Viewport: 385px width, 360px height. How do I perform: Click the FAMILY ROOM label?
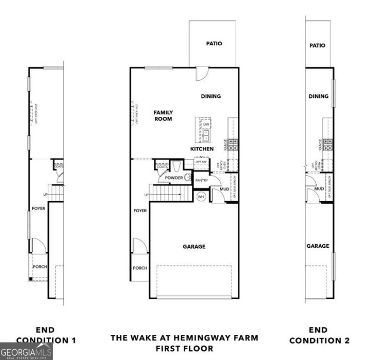click(163, 115)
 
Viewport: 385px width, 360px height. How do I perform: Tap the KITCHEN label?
click(202, 149)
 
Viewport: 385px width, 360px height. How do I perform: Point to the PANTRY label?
click(202, 180)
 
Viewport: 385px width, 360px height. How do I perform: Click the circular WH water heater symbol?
click(201, 196)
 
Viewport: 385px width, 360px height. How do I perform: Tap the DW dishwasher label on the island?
click(207, 124)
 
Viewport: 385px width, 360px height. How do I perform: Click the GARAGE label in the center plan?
click(194, 246)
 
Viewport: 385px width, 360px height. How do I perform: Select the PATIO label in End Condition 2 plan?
click(317, 46)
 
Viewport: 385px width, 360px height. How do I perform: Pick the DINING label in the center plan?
click(211, 96)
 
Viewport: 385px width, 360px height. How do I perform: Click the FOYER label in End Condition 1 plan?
click(38, 208)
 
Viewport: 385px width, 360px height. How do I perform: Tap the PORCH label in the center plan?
click(140, 268)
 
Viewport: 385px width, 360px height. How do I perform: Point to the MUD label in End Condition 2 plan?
click(319, 189)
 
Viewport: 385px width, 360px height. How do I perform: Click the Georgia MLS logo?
click(26, 351)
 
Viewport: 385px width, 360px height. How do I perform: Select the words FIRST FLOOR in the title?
click(185, 348)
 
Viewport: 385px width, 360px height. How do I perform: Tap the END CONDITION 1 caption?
click(46, 335)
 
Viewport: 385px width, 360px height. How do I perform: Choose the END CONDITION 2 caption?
click(319, 335)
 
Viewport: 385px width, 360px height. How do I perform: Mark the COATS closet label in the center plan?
click(161, 167)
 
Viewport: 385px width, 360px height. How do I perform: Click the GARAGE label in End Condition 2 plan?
click(318, 246)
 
